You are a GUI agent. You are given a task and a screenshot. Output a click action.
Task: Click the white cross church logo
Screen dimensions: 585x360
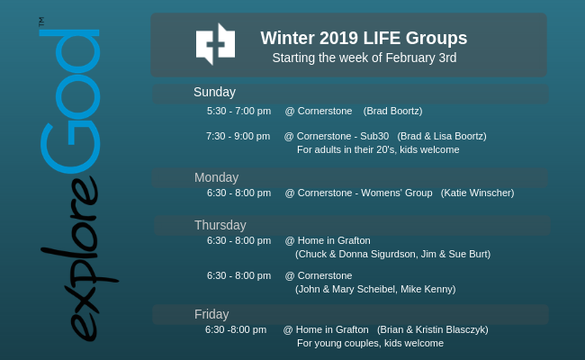(x=215, y=44)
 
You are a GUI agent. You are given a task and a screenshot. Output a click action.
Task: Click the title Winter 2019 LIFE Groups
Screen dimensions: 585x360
(x=364, y=38)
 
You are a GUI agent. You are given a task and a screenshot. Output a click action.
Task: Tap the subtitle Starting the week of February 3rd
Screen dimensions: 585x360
(x=364, y=58)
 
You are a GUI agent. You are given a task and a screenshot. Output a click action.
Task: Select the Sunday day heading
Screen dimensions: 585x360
(x=214, y=92)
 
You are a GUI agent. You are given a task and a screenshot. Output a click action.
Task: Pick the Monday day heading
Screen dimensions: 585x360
(x=216, y=177)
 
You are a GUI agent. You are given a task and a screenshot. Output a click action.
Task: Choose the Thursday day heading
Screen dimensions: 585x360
(x=220, y=225)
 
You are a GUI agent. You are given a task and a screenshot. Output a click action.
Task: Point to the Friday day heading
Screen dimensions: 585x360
(x=211, y=314)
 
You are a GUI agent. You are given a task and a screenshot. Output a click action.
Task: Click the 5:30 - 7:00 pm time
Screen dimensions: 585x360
(x=238, y=112)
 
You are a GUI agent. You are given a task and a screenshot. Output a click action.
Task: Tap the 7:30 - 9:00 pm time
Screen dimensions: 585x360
(x=238, y=136)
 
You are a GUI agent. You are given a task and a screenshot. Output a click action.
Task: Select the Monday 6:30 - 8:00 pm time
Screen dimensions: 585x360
(x=238, y=193)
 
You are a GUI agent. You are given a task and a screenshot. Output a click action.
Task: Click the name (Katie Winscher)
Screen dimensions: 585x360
(x=477, y=193)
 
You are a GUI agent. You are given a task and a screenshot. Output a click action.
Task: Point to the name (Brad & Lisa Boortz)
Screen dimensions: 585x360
(x=442, y=136)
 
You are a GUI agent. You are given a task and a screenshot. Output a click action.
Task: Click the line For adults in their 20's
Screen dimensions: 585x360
(x=378, y=149)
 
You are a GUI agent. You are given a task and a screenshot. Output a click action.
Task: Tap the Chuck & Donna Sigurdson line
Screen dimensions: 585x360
(x=393, y=254)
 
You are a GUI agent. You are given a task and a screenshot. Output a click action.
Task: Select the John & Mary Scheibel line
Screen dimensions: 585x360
(x=375, y=289)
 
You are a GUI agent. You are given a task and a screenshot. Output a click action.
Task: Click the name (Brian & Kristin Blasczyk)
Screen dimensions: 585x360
(x=432, y=329)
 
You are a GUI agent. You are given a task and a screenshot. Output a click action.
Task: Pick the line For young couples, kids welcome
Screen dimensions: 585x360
(x=370, y=343)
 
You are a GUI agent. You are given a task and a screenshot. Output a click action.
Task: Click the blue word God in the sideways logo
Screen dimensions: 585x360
(x=70, y=101)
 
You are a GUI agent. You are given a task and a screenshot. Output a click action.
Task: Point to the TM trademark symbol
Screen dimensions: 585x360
(x=41, y=22)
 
